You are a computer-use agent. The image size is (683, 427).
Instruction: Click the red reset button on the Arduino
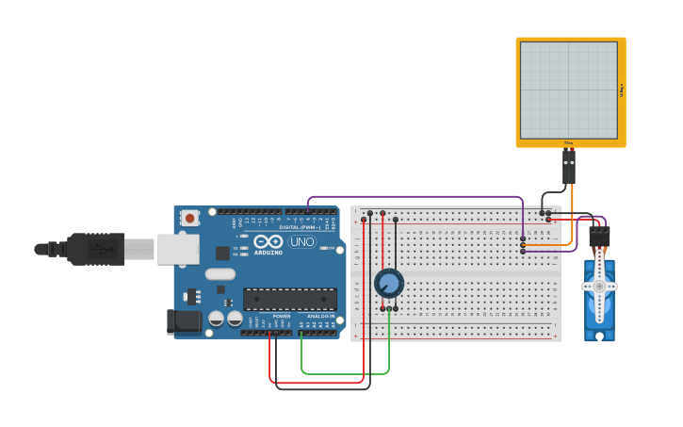click(x=190, y=218)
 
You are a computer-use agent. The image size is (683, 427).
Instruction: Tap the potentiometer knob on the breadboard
click(x=388, y=283)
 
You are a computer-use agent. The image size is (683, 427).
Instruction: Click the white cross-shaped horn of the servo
click(x=599, y=286)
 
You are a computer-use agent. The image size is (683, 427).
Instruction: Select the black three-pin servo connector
click(x=599, y=236)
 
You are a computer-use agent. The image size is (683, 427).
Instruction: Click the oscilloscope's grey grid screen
click(x=569, y=90)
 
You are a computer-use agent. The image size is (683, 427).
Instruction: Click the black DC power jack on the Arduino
click(x=184, y=321)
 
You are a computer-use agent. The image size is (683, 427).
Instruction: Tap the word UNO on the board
click(x=301, y=242)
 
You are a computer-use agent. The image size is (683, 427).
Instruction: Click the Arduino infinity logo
click(x=268, y=241)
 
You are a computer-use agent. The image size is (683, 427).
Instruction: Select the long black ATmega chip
click(x=290, y=299)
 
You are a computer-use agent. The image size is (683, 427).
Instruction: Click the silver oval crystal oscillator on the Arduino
click(x=220, y=274)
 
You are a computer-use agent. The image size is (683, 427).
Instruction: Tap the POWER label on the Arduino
click(x=282, y=316)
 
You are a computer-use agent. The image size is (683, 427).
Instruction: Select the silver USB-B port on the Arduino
click(x=177, y=249)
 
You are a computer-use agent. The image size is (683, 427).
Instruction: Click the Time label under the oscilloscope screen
click(x=568, y=142)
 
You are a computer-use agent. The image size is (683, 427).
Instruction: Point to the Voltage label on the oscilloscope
click(x=622, y=90)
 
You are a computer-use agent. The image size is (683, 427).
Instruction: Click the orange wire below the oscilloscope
click(x=572, y=212)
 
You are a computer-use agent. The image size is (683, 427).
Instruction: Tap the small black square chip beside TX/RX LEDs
click(x=222, y=253)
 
